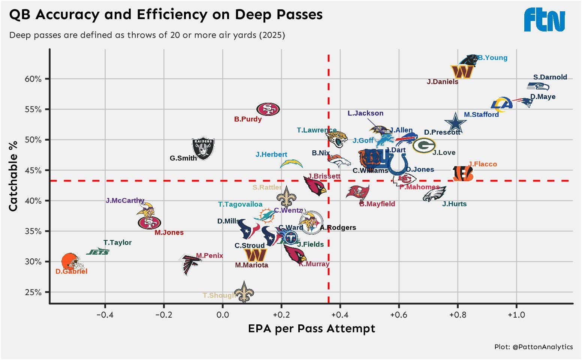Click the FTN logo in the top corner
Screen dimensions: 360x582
pos(544,20)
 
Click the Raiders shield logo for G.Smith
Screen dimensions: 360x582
pos(203,148)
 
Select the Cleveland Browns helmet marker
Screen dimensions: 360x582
pos(70,261)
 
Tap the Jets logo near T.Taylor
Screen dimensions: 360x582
pos(98,252)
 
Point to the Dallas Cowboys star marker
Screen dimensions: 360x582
pos(455,123)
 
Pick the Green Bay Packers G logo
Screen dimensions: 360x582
pos(424,145)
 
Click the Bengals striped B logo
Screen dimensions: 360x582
pos(463,174)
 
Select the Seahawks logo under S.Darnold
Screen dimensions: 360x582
pos(538,87)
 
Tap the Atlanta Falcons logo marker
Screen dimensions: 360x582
pos(191,264)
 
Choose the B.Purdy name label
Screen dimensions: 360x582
pos(248,119)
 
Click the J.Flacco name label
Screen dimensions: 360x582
pos(482,164)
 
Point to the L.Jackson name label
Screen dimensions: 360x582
pos(365,113)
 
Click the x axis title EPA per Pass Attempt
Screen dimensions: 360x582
pos(311,329)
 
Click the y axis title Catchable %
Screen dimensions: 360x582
pos(13,176)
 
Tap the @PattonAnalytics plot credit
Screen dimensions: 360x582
pos(533,347)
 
